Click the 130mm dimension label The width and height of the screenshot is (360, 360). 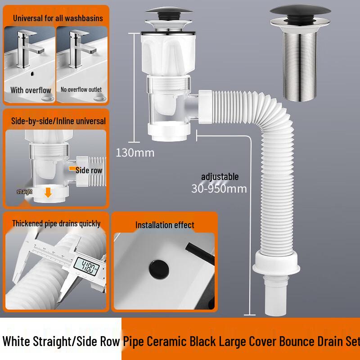pyautogui.click(x=135, y=153)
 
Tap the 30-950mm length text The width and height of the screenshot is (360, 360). pyautogui.click(x=219, y=189)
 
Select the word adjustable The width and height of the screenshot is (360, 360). pyautogui.click(x=220, y=177)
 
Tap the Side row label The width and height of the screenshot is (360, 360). pyautogui.click(x=89, y=171)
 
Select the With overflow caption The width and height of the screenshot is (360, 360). pyautogui.click(x=31, y=90)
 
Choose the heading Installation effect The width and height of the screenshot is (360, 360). pyautogui.click(x=165, y=225)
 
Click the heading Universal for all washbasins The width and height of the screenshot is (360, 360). pyautogui.click(x=58, y=18)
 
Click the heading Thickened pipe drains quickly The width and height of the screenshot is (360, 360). pyautogui.click(x=56, y=224)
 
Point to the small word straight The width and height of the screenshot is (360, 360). pyautogui.click(x=24, y=192)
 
